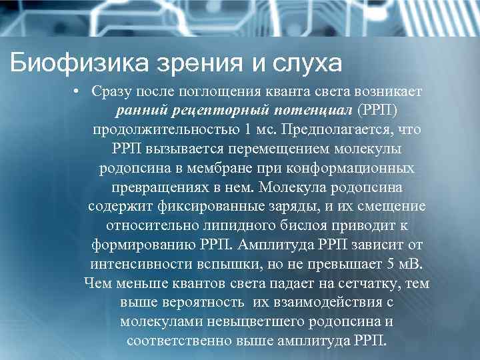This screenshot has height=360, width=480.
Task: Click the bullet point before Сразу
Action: (78, 90)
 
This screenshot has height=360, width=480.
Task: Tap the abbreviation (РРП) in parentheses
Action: (381, 109)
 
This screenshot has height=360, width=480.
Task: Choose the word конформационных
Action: (360, 167)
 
